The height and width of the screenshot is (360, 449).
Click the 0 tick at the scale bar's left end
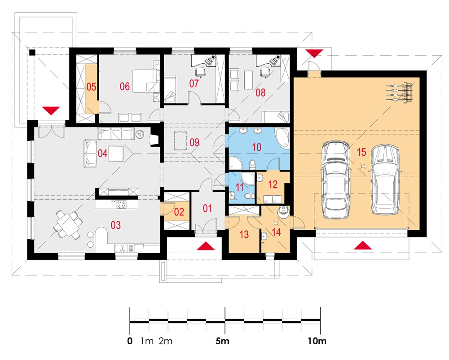click(x=130, y=322)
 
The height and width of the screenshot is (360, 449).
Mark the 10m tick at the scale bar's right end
click(x=320, y=322)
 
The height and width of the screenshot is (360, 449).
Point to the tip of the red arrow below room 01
click(x=206, y=242)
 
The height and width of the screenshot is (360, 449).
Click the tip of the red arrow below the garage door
click(x=363, y=241)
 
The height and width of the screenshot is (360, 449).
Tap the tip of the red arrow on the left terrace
click(x=51, y=115)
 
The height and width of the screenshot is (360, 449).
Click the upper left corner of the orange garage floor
click(x=294, y=77)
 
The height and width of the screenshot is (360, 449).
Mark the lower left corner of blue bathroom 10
click(x=229, y=171)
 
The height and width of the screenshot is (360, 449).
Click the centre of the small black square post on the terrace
click(x=32, y=53)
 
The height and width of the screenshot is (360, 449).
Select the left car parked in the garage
click(x=336, y=180)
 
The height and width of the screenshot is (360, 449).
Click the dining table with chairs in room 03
click(x=68, y=224)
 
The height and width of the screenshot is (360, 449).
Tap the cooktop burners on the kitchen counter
click(x=121, y=204)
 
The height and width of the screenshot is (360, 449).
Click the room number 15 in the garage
click(x=361, y=152)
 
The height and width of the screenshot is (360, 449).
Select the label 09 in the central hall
click(x=194, y=142)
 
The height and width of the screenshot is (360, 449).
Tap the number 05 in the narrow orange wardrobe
click(x=91, y=87)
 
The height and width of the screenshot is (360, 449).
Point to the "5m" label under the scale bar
click(x=222, y=341)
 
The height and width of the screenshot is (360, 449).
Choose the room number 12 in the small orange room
click(x=273, y=184)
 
